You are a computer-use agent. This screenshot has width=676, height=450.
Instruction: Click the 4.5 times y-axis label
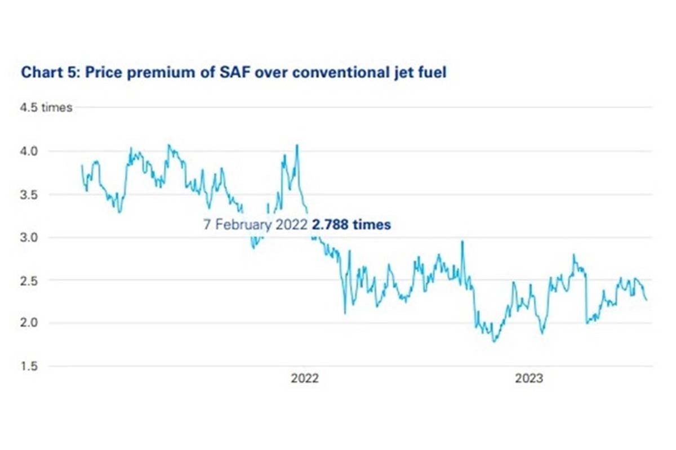click(46, 108)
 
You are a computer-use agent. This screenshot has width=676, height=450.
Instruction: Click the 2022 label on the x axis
click(304, 378)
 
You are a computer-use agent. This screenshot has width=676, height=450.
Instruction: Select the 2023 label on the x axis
click(529, 378)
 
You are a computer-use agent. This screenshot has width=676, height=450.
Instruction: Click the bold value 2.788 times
click(350, 225)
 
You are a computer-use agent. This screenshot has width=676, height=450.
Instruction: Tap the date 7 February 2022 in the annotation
click(255, 225)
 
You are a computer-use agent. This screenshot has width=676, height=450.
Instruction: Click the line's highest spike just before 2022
click(297, 145)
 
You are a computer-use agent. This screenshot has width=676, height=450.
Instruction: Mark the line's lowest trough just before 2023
click(495, 341)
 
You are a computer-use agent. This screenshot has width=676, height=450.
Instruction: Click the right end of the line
click(647, 300)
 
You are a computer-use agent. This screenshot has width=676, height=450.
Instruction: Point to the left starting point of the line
click(82, 165)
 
